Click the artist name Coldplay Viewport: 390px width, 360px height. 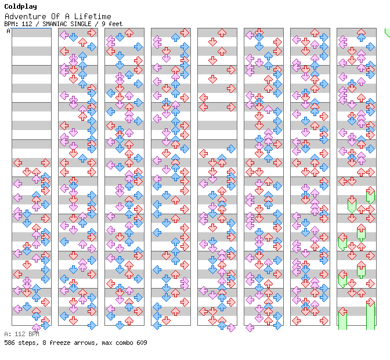coord(20,6)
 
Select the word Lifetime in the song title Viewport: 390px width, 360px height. coord(93,16)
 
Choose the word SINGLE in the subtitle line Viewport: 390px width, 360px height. coord(80,24)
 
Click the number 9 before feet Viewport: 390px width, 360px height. coord(103,24)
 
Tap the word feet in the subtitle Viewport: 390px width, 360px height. coord(115,24)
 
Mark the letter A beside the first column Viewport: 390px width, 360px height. coord(8,31)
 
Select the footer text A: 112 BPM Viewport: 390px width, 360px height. coord(21,334)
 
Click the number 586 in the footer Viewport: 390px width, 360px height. coord(9,343)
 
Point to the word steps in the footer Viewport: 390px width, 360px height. coord(27,343)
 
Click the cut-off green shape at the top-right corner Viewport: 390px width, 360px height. coord(387,33)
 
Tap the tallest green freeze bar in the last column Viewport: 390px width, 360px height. coord(370,314)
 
